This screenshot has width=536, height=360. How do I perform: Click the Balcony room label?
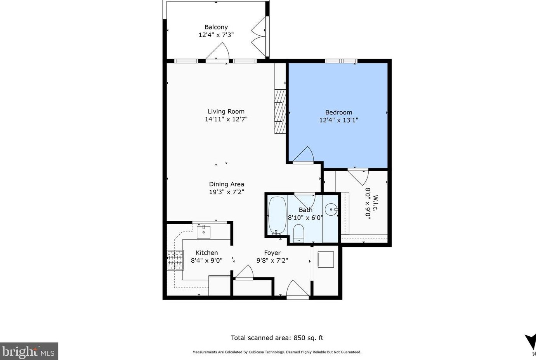[x=216, y=27]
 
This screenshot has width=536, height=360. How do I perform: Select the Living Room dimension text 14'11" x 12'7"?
[x=226, y=119]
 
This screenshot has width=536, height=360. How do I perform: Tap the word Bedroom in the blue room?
[x=338, y=112]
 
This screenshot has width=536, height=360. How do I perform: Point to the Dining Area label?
[x=226, y=184]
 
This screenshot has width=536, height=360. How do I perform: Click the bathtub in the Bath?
[x=277, y=215]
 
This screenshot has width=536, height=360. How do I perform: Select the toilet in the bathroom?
[x=298, y=233]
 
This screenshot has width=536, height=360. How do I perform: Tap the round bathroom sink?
[x=331, y=210]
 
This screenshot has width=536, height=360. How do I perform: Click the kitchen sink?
[x=203, y=232]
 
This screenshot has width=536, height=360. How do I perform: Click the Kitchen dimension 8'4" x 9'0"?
[x=206, y=261]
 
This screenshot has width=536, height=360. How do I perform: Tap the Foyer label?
[x=272, y=253]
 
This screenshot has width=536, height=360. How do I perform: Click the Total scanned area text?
[x=277, y=338]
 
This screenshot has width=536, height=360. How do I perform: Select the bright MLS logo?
[x=29, y=351]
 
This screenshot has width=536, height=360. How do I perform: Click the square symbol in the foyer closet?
[x=326, y=260]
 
